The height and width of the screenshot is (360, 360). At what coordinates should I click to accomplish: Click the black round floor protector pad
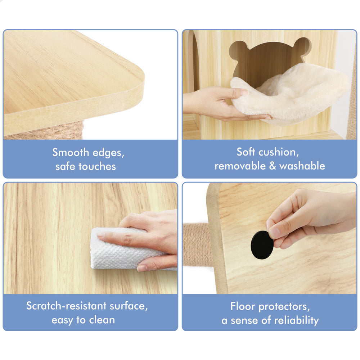click(262, 245)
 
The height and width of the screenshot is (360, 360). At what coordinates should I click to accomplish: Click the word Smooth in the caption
click(71, 152)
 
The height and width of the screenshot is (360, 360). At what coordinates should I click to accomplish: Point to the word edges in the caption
click(108, 153)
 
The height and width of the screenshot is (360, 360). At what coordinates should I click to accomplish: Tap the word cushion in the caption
click(279, 152)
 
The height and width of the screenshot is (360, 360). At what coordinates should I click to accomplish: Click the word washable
click(302, 166)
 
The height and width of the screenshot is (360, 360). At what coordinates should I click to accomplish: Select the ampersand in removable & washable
click(272, 166)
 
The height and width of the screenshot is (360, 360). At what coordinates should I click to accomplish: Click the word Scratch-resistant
click(66, 306)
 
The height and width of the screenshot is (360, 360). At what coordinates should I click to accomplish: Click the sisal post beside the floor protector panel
click(197, 245)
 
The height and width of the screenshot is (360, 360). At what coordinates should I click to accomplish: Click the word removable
click(240, 166)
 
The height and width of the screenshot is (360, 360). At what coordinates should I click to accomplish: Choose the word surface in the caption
click(129, 306)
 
